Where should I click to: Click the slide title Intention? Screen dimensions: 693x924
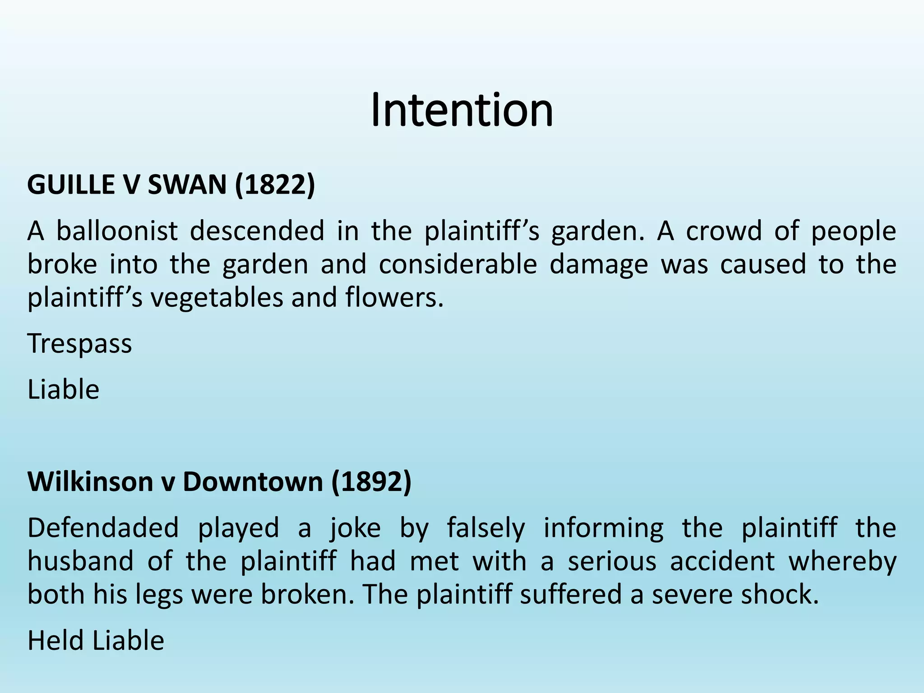point(462,110)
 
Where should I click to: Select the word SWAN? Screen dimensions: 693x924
point(187,185)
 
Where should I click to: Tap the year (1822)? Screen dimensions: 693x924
point(275,185)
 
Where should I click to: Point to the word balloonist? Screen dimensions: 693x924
point(117,231)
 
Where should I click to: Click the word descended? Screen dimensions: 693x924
point(257,231)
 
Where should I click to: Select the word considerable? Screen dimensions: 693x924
point(457,264)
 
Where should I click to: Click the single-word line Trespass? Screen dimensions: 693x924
point(80,344)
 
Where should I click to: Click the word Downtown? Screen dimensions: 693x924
point(253,481)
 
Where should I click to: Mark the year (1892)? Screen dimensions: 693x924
point(371,481)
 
